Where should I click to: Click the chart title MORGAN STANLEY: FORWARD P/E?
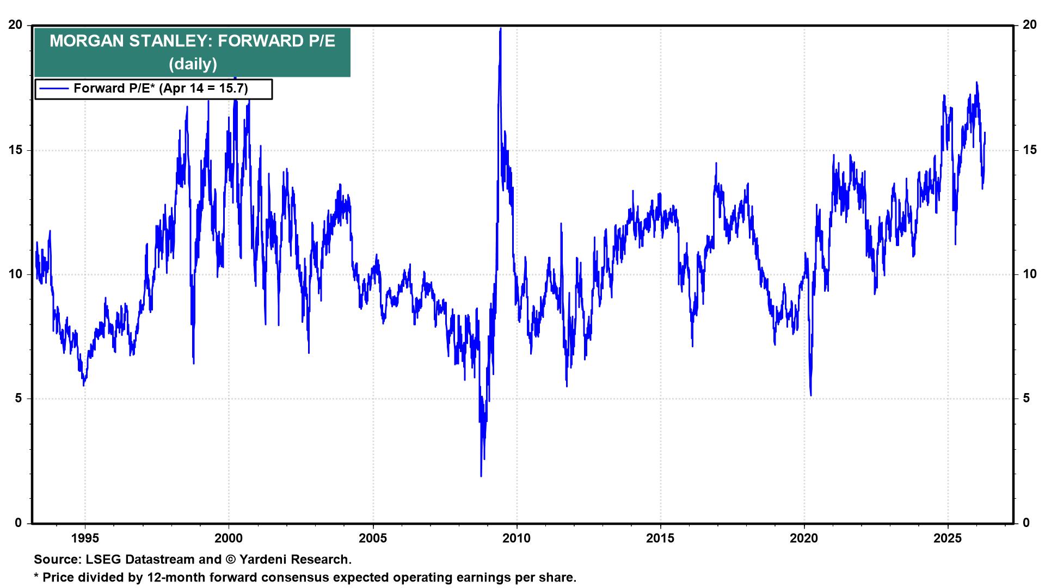[x=192, y=41]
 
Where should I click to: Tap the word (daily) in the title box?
[x=193, y=64]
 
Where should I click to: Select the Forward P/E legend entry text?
[x=161, y=88]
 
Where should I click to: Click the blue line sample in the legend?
[x=54, y=89]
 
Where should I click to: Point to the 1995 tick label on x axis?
[x=85, y=538]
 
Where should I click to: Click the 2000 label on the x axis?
[x=229, y=538]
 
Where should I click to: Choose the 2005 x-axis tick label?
[x=373, y=538]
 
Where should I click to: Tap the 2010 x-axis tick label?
[x=517, y=538]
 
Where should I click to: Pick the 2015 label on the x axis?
[x=660, y=538]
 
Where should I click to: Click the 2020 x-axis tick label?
[x=804, y=538]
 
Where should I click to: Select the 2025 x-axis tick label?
[x=948, y=538]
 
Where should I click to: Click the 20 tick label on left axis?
[x=16, y=25]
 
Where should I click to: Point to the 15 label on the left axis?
[x=16, y=150]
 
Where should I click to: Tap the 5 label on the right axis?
[x=1026, y=399]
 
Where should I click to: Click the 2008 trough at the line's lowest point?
[x=481, y=476]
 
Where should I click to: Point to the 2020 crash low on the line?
[x=811, y=395]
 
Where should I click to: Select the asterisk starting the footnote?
[x=37, y=576]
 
